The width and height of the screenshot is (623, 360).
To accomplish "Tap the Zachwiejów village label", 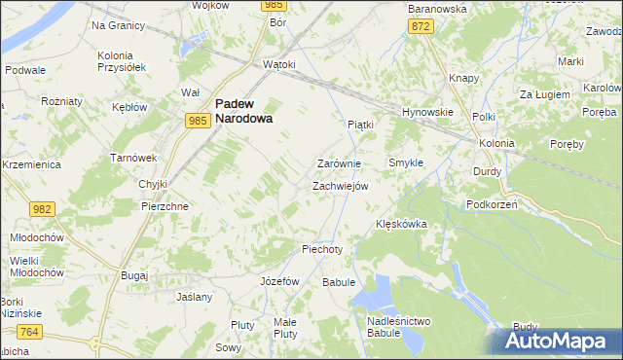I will pyautogui.click(x=340, y=186).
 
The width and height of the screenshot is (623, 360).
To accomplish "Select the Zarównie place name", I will pyautogui.click(x=340, y=164).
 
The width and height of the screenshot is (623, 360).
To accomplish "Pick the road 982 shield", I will pyautogui.click(x=42, y=210).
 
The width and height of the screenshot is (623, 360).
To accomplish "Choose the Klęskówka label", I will pyautogui.click(x=402, y=224).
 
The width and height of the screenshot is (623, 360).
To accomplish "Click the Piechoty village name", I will pyautogui.click(x=323, y=249).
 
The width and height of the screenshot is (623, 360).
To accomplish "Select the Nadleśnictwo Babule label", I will pyautogui.click(x=399, y=327).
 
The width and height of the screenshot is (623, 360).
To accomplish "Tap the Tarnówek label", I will pyautogui.click(x=133, y=158).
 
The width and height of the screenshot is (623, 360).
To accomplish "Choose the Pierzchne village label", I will pyautogui.click(x=165, y=207).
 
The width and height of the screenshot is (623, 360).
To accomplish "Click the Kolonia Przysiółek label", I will pyautogui.click(x=122, y=61).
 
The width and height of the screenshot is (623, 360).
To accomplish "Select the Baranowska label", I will pyautogui.click(x=437, y=8).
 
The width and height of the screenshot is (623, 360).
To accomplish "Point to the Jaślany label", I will pyautogui.click(x=194, y=296).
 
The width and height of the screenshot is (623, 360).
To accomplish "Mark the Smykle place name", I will pyautogui.click(x=406, y=162).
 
